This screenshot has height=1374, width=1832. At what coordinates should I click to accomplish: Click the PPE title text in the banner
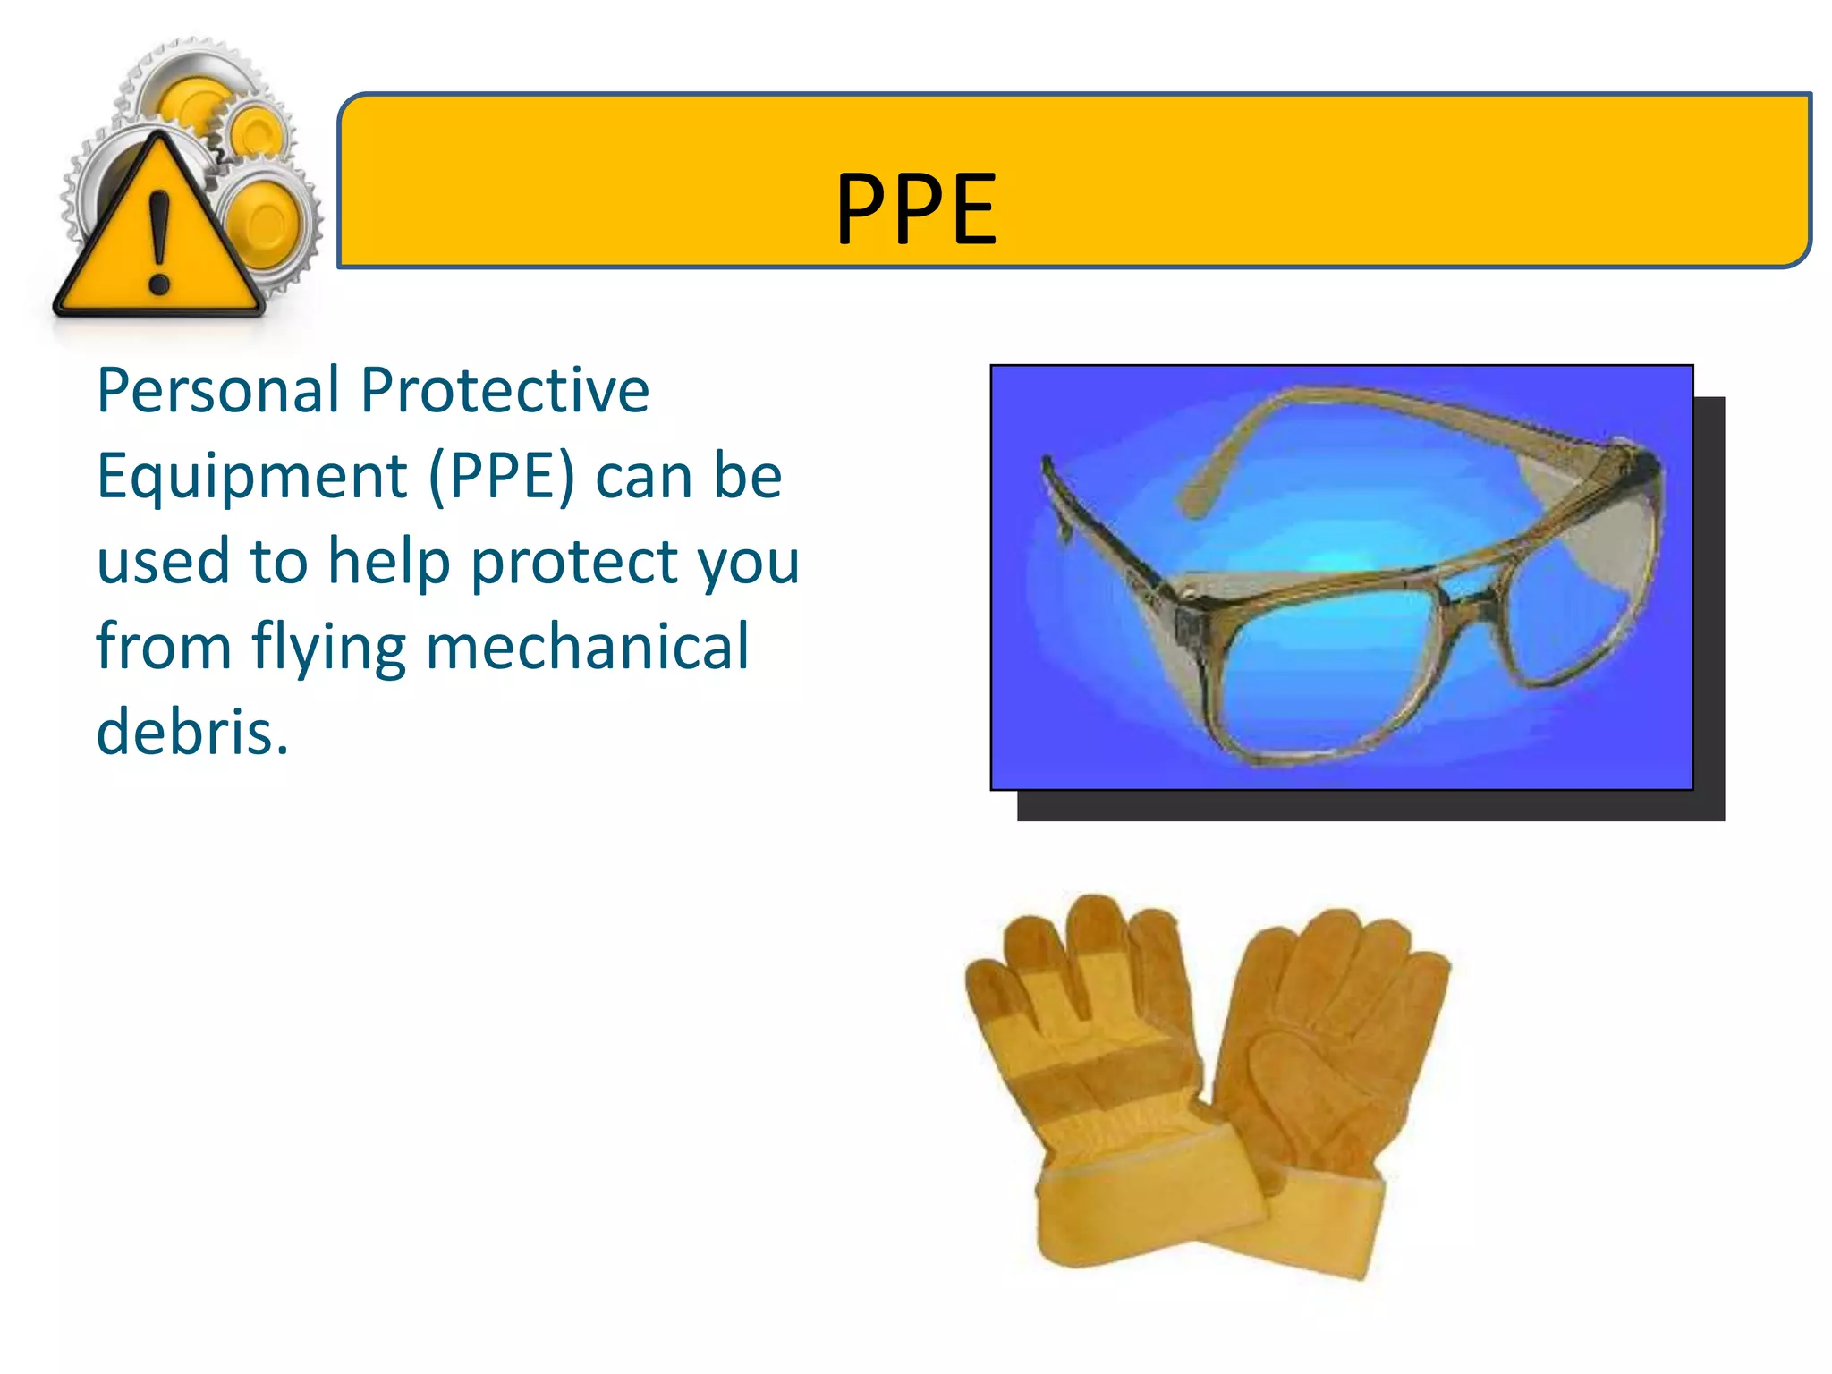[x=916, y=209]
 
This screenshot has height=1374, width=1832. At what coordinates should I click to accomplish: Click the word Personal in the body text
[x=218, y=391]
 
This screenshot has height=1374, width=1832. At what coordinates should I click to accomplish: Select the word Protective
[x=505, y=391]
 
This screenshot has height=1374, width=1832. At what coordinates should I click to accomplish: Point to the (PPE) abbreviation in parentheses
[x=502, y=477]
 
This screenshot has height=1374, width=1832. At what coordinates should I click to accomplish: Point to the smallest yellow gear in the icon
[x=258, y=132]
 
